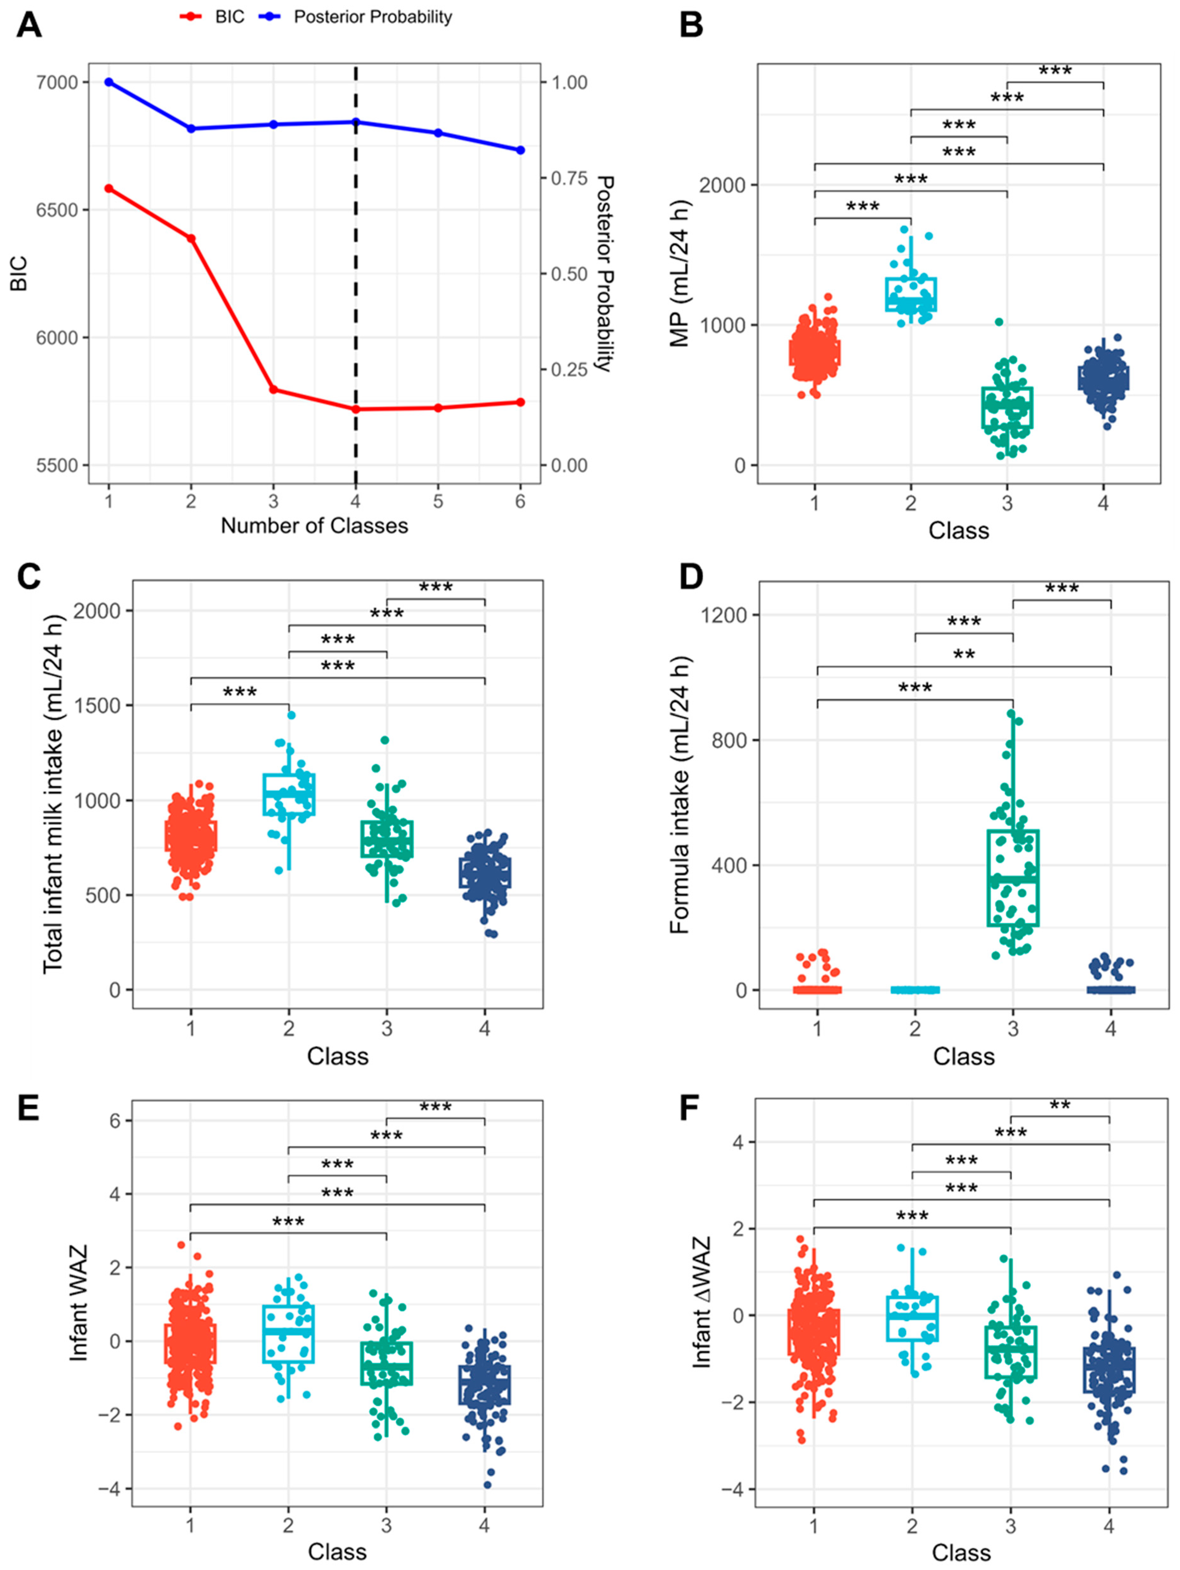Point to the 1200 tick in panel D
tap(724, 614)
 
